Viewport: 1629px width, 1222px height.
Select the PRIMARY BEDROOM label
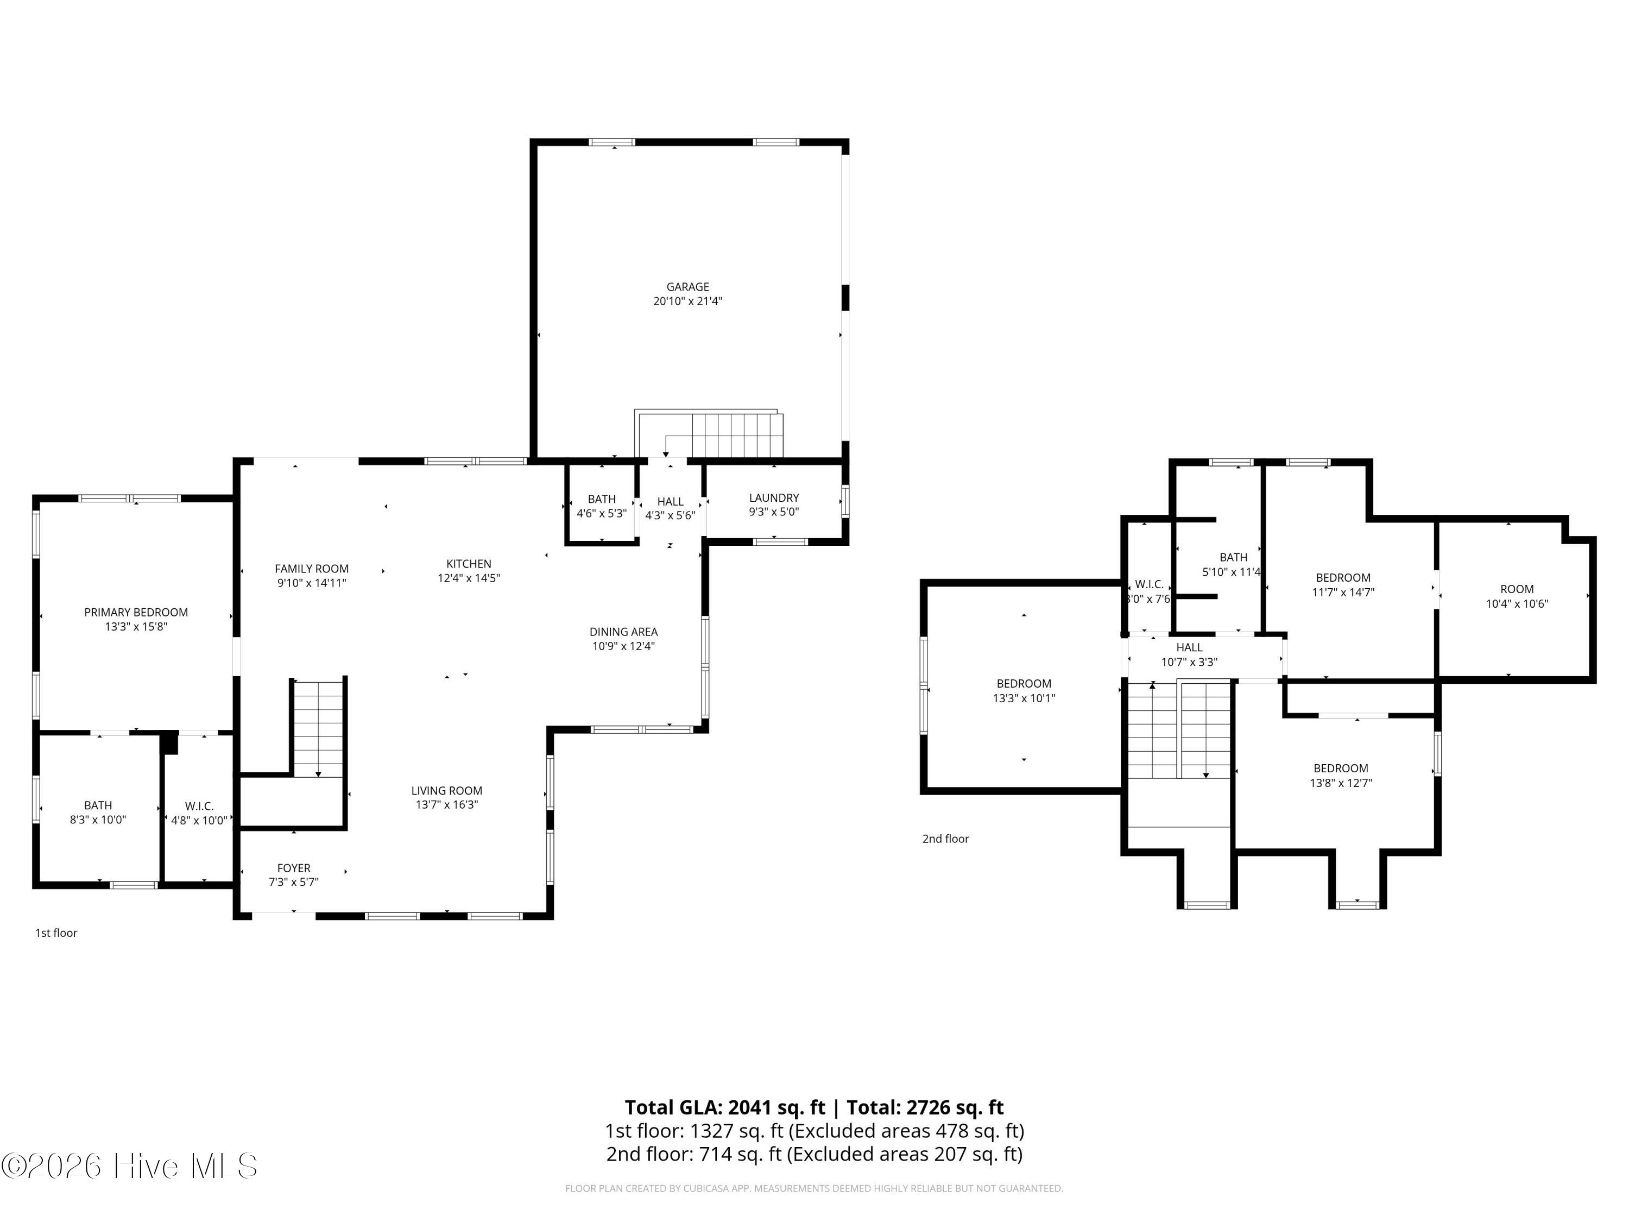tap(136, 612)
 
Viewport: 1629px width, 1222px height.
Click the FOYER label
tap(294, 868)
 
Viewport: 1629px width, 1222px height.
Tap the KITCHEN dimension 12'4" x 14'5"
tap(469, 578)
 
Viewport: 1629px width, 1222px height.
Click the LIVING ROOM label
tap(446, 790)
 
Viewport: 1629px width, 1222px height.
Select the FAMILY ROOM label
tap(312, 569)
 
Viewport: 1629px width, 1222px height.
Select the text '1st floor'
tap(56, 933)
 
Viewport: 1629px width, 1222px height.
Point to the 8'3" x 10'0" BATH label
tap(98, 812)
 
